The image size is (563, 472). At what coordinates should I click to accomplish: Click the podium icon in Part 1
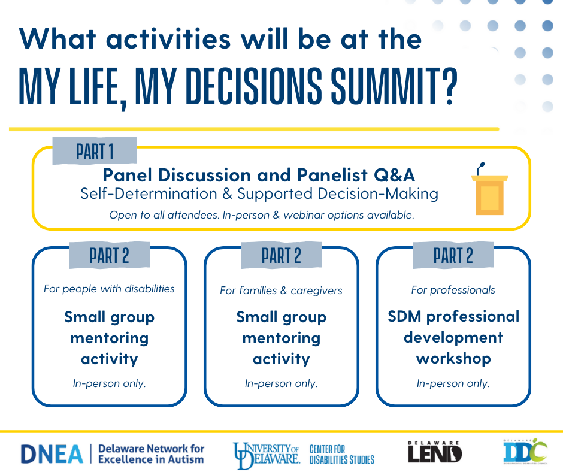coord(489,192)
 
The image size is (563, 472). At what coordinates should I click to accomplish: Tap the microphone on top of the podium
coord(480,167)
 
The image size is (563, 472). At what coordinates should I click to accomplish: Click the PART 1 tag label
coord(95,151)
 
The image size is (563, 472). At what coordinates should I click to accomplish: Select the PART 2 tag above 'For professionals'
coord(453,256)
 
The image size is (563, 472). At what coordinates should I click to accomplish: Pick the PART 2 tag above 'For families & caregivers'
coord(281,256)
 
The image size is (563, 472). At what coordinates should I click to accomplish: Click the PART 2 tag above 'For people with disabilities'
coord(109,256)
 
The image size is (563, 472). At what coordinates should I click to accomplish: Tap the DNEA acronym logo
coord(52,454)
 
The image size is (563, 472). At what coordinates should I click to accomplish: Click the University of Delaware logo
coord(267,453)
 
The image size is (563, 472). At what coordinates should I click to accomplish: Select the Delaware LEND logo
coord(434,453)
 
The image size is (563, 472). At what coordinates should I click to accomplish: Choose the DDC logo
coord(525,452)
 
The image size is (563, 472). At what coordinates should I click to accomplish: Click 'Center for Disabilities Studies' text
coord(341,454)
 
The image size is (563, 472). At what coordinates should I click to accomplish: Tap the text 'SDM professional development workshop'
coord(453,337)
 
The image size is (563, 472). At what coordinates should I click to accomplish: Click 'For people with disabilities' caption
coord(109,289)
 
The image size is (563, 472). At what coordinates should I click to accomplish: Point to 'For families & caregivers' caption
coord(281,291)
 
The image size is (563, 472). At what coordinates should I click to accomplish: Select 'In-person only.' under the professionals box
coord(453,383)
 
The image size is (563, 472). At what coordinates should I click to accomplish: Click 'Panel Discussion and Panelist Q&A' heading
coord(258,175)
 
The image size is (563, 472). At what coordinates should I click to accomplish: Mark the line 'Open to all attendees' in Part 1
coord(261,215)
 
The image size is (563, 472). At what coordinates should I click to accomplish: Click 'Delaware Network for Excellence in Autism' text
coord(150,454)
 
